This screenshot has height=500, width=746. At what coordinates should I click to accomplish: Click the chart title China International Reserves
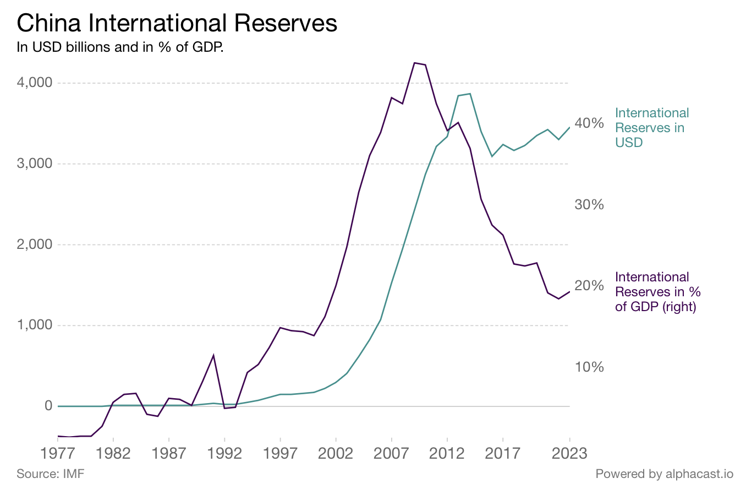[x=177, y=23]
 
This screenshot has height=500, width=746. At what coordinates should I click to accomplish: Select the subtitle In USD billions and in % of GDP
[x=120, y=47]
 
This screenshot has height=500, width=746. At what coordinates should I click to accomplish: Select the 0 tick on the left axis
[x=48, y=406]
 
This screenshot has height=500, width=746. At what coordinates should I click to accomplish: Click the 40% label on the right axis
[x=589, y=123]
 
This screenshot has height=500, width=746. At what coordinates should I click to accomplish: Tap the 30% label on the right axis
[x=589, y=205]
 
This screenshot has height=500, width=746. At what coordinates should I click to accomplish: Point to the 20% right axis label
[x=589, y=286]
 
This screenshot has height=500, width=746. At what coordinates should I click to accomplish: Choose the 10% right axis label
[x=589, y=367]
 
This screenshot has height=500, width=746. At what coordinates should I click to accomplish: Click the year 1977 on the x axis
[x=57, y=454]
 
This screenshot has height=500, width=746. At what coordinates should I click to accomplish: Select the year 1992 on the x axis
[x=224, y=454]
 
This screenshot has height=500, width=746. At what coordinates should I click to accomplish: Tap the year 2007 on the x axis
[x=391, y=454]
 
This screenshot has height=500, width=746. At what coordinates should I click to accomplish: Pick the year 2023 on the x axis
[x=569, y=454]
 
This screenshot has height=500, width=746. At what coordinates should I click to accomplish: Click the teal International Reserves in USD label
[x=651, y=128]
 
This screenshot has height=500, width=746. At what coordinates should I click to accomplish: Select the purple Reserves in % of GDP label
[x=657, y=292]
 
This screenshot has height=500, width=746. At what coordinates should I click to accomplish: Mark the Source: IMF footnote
[x=51, y=474]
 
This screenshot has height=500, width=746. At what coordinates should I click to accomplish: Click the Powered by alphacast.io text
[x=664, y=474]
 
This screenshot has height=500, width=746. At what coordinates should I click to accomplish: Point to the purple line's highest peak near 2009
[x=414, y=63]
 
